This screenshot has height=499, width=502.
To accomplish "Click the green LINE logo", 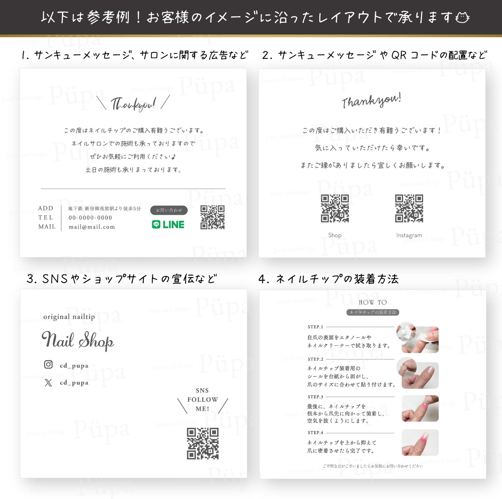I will pyautogui.click(x=168, y=225).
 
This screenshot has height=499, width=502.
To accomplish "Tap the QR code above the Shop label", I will pyautogui.click(x=335, y=208).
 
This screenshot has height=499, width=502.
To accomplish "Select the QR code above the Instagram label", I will pyautogui.click(x=409, y=208).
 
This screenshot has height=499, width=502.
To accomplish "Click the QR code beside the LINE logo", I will pyautogui.click(x=213, y=217).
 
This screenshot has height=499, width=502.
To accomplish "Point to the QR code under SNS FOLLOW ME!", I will pyautogui.click(x=203, y=443).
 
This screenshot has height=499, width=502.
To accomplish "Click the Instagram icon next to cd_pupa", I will pyautogui.click(x=48, y=365).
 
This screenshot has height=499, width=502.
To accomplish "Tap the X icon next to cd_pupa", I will pyautogui.click(x=48, y=383).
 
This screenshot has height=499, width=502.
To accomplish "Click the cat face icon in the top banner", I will pyautogui.click(x=462, y=18).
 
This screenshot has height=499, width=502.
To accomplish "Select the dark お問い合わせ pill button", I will pyautogui.click(x=169, y=210).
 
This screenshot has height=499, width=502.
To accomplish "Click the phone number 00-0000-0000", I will pyautogui.click(x=90, y=218).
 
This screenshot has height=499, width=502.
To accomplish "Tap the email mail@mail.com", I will pyautogui.click(x=92, y=227).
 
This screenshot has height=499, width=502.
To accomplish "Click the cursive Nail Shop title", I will pyautogui.click(x=78, y=340).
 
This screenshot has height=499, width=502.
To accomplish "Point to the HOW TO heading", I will pyautogui.click(x=373, y=302).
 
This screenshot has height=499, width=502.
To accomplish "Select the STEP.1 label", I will pyautogui.click(x=315, y=327).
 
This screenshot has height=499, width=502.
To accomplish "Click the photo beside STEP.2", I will pyautogui.click(x=420, y=373).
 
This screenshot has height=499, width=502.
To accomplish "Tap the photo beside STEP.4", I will pyautogui.click(x=420, y=443).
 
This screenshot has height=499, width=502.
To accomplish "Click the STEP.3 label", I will pyautogui.click(x=315, y=397).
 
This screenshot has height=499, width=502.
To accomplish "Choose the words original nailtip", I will pyautogui.click(x=69, y=317).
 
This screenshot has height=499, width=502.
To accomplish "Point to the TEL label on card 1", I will pyautogui.click(x=45, y=218).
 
